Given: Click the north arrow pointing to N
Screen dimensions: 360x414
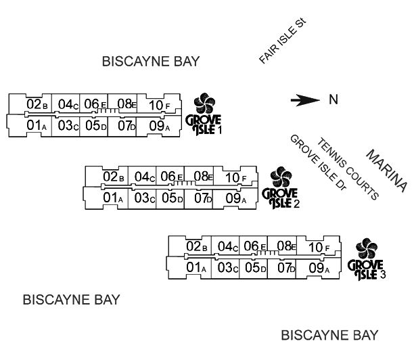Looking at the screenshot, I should pos(305,100).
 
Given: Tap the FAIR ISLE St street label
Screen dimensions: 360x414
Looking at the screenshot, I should pos(283,42).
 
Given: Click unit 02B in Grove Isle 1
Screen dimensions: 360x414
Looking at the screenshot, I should pos(37,104).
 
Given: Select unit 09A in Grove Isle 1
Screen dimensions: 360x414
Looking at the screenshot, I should pos(158,125).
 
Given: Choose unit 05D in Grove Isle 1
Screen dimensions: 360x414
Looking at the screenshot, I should pos(95,125).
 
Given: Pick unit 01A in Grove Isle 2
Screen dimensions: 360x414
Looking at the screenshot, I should pos(114,198).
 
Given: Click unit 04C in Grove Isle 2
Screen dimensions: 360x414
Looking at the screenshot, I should pos(145,177).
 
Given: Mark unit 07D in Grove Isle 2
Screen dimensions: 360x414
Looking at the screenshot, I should pos(203,198).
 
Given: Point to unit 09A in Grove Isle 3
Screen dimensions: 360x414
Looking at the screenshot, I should pos(318,268).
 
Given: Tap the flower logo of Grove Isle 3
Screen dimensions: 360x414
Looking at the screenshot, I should pos(366,250).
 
